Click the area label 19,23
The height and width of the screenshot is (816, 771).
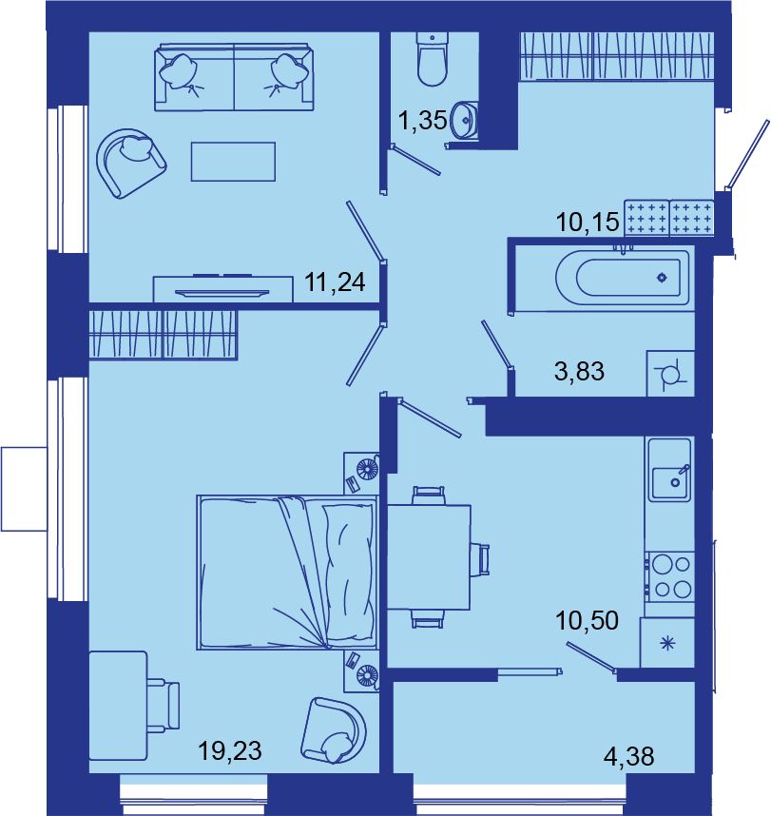230,751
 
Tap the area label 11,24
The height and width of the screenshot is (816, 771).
335,282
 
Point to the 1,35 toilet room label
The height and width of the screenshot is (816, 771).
422,120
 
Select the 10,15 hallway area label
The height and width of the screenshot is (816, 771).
588,223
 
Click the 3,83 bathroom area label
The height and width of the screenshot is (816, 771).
579,372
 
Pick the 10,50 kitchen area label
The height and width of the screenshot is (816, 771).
587,620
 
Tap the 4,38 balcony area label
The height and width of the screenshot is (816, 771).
628,756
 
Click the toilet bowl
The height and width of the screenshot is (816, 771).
433,59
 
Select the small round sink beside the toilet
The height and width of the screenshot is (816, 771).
464,121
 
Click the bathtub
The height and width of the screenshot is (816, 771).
622,278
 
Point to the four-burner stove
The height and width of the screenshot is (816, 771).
670,577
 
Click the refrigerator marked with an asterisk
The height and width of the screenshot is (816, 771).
667,643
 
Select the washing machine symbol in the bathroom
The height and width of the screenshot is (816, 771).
670,374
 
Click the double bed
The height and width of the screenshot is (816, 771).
287,573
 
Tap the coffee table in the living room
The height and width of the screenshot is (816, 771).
233,162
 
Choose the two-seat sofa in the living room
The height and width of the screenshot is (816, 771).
234,78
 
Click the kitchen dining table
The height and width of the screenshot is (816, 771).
429,556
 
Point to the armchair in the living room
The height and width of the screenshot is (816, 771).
131,163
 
